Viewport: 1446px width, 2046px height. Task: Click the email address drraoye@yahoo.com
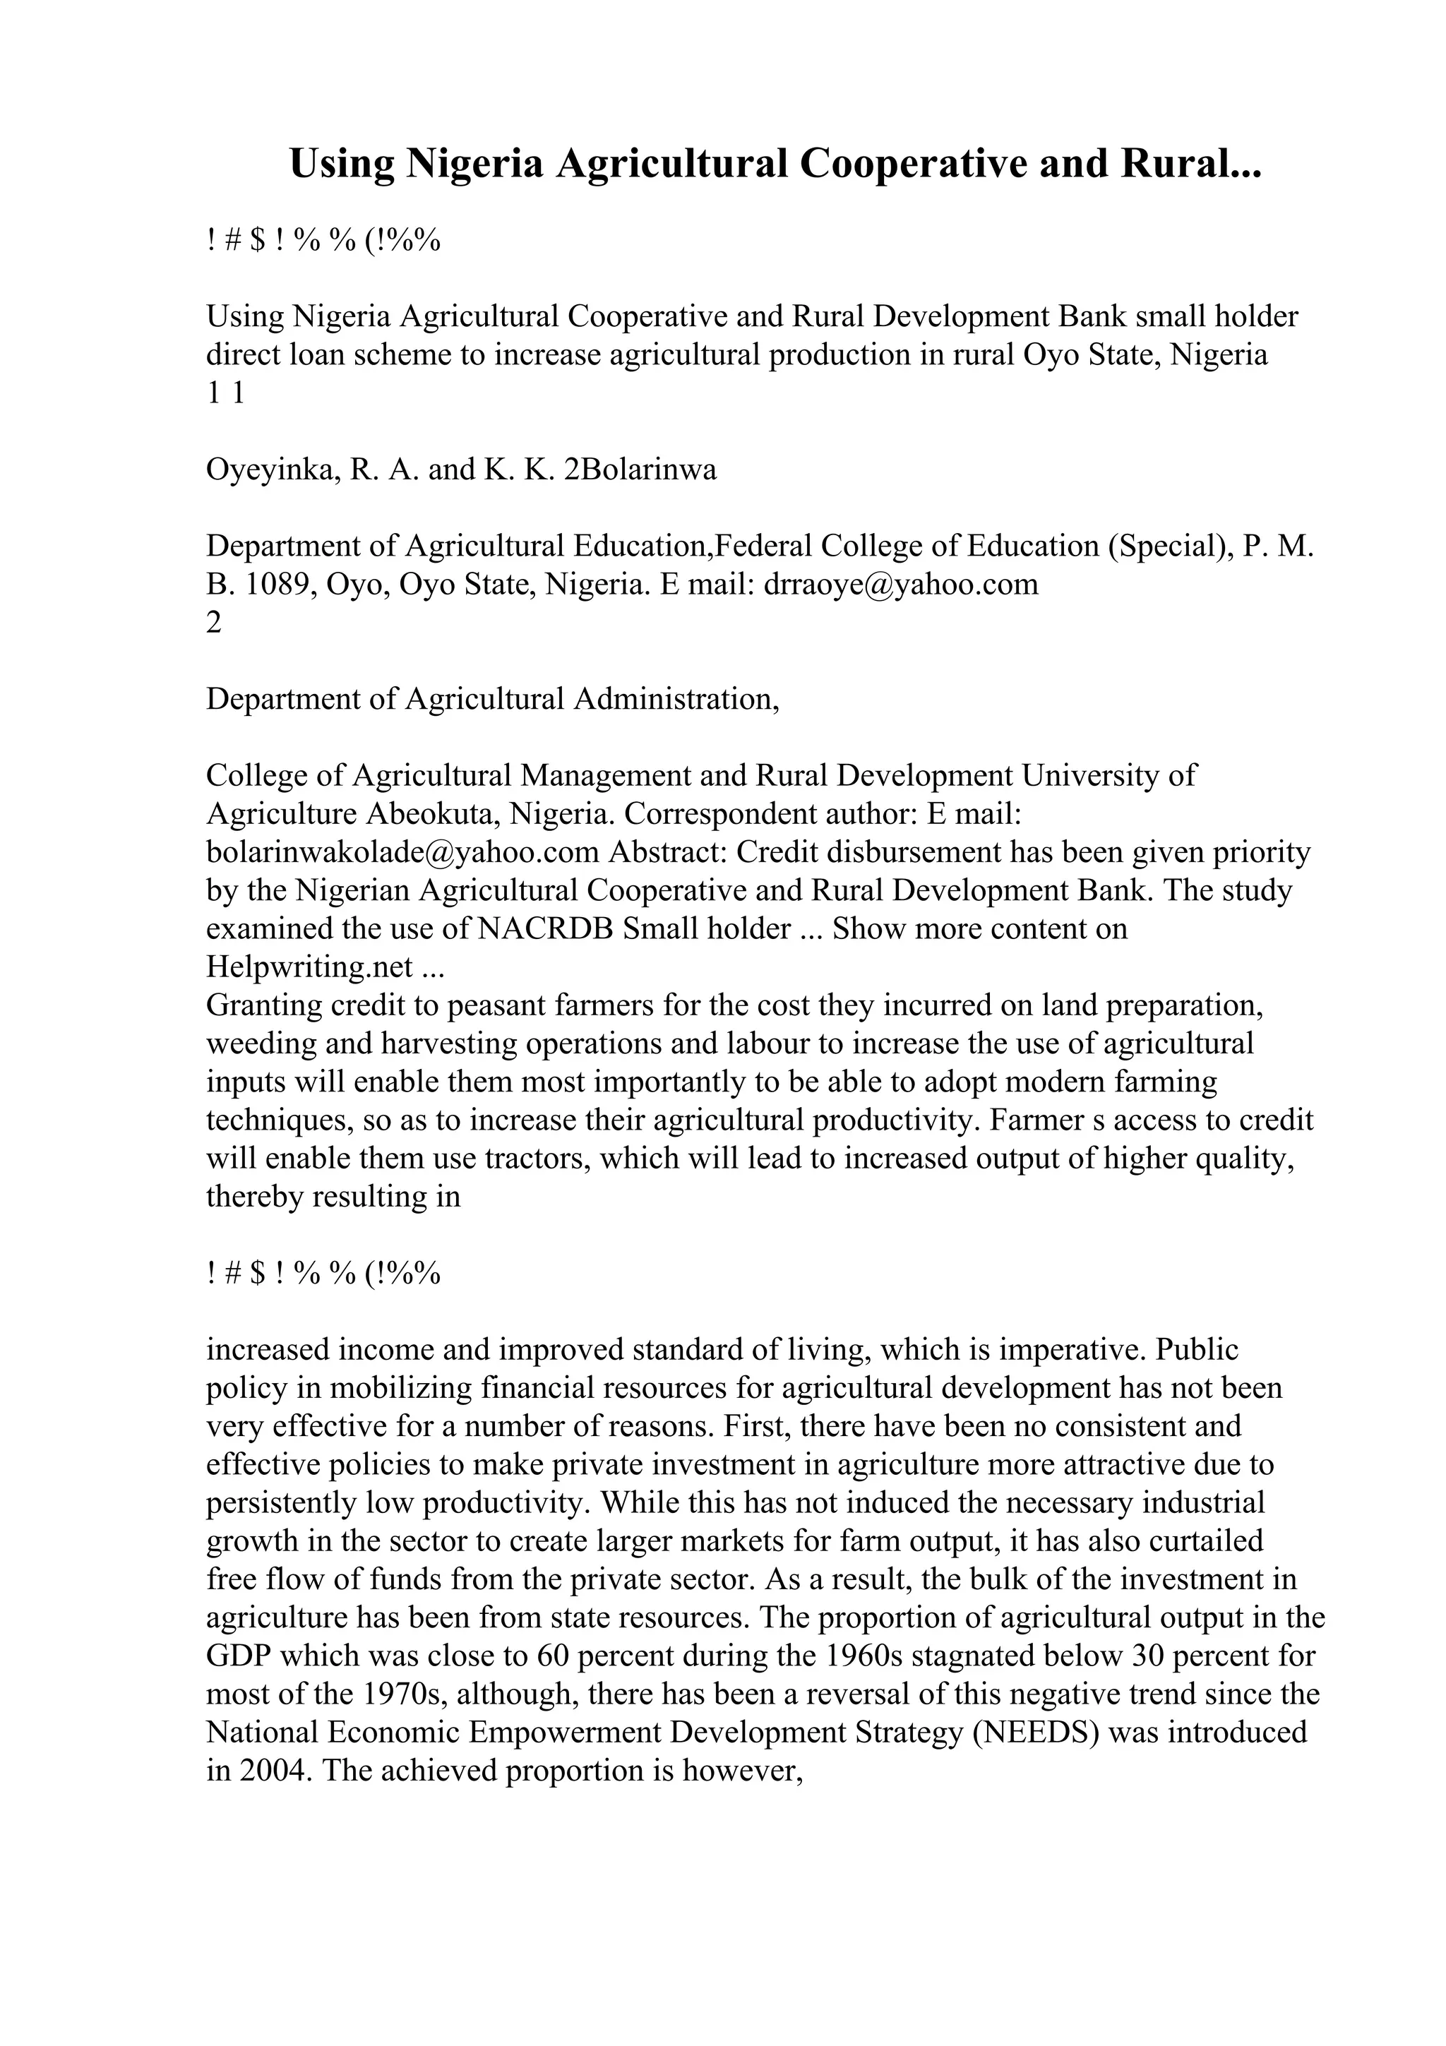pyautogui.click(x=901, y=585)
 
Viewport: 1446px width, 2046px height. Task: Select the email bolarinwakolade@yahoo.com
pyautogui.click(x=402, y=853)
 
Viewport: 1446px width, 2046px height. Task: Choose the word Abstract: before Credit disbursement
pyautogui.click(x=669, y=853)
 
